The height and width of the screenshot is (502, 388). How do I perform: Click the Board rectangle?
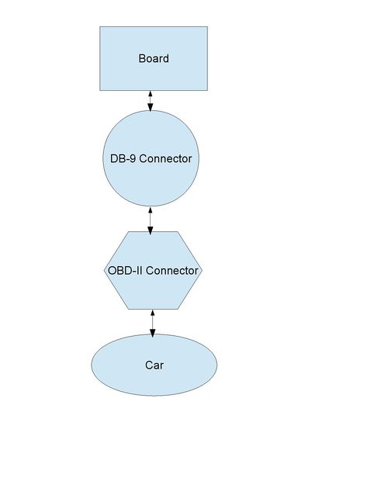pos(154,59)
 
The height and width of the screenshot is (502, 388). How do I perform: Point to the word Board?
pos(154,59)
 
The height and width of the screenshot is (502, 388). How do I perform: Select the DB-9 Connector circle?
pos(151,158)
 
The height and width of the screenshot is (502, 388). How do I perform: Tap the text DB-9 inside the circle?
pos(123,158)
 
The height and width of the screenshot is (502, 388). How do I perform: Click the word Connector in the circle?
pos(165,158)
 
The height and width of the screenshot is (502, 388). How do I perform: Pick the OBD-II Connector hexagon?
pos(153,270)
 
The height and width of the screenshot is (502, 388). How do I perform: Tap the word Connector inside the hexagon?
pos(172,271)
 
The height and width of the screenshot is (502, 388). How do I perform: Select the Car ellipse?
pos(154,365)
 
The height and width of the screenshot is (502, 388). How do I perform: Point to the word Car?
pos(154,365)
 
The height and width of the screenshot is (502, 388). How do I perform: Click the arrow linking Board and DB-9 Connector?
pos(150,101)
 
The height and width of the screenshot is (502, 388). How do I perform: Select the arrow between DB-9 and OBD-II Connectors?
pos(150,220)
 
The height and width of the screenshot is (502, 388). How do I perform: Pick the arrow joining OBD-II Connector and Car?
pos(152,324)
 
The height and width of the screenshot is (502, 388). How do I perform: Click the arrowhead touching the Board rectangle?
pos(150,94)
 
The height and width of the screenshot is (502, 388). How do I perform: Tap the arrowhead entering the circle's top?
pos(150,107)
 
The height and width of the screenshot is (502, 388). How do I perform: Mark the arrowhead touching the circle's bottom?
pos(150,210)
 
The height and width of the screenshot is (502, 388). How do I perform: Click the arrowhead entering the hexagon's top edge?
pos(150,230)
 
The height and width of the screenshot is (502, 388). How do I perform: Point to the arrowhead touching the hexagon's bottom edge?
pos(152,313)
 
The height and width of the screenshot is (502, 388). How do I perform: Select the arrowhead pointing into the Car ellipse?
pos(152,333)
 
